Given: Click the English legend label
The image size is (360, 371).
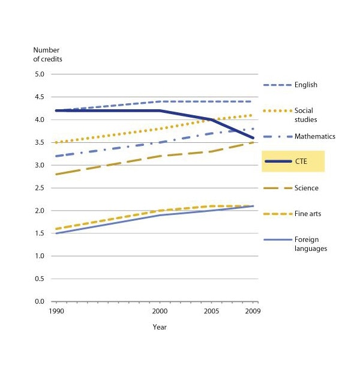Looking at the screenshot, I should [306, 85].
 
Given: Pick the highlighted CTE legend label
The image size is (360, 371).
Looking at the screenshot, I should [302, 162].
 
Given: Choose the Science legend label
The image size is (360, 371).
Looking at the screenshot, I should [307, 189].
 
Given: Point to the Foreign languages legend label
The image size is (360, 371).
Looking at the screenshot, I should [311, 244].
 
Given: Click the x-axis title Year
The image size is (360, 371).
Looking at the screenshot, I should [159, 328].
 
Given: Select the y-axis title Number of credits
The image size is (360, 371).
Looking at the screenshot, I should [47, 55].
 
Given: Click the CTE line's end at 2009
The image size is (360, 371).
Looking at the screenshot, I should [253, 138].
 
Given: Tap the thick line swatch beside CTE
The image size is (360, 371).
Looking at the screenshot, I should [277, 162].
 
